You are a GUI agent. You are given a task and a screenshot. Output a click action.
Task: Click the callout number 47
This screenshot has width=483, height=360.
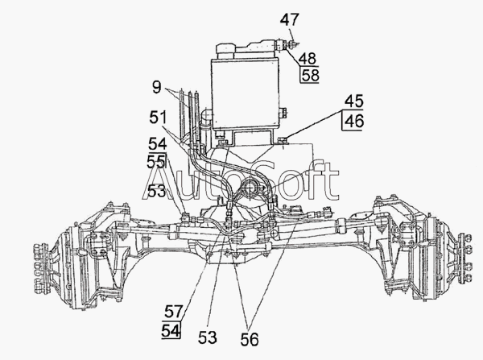[x=289, y=19]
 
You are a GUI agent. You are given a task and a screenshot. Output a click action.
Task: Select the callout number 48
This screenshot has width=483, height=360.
[x=307, y=58]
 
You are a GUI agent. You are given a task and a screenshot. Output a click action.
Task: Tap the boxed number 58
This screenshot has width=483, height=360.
[x=308, y=75]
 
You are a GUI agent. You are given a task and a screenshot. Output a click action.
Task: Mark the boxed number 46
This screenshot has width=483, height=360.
[x=354, y=122]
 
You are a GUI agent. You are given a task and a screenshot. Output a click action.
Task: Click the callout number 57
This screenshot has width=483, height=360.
[x=174, y=310]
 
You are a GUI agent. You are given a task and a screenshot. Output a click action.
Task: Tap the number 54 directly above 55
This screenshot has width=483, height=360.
[x=157, y=143]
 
